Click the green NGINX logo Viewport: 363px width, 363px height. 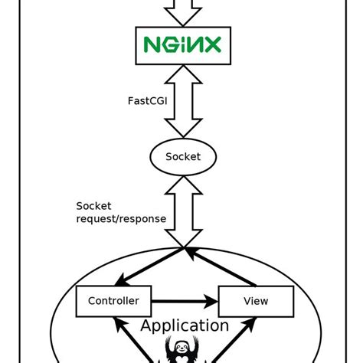click(182, 44)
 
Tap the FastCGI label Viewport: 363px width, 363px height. click(148, 101)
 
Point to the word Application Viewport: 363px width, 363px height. click(185, 325)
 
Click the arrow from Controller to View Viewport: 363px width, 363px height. click(185, 302)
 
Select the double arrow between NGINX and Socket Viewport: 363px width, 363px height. click(183, 101)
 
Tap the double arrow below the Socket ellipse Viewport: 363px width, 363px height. click(183, 212)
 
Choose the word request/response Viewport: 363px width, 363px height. click(121, 219)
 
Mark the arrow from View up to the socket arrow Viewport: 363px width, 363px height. click(220, 267)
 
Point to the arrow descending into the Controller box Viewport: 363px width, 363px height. click(149, 267)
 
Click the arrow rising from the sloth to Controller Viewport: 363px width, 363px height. click(132, 340)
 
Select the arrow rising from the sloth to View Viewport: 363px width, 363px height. click(234, 340)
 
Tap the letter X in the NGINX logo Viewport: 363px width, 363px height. click(213, 44)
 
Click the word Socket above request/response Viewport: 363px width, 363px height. click(93, 206)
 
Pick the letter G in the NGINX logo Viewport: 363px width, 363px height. click(169, 44)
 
